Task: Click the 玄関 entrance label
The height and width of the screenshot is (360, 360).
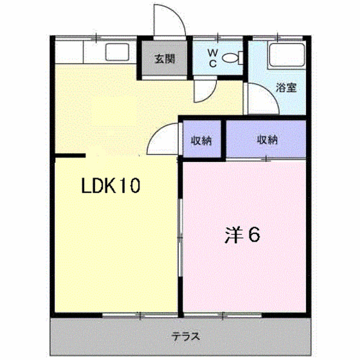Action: point(165,59)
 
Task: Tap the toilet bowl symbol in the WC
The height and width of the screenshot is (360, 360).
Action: point(232,57)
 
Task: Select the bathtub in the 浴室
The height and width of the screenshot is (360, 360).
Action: point(286,55)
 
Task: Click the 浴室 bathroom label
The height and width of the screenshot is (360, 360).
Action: point(286,88)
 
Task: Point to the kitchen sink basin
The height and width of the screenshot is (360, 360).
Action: point(117,52)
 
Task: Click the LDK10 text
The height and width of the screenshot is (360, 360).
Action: point(111,186)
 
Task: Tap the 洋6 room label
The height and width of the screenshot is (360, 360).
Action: point(242,235)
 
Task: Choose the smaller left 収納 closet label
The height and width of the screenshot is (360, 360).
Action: point(201,141)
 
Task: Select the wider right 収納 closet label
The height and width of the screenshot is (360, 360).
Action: point(267,140)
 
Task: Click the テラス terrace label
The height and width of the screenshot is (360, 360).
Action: point(186,336)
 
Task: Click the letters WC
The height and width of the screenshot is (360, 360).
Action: point(213,58)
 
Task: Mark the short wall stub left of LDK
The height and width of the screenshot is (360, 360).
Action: point(70,156)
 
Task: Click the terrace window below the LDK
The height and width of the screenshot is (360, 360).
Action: point(140,316)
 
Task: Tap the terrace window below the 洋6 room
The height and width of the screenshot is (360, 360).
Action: point(223,316)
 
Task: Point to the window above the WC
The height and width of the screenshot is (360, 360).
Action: point(218,38)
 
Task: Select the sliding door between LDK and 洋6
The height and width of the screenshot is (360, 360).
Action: point(181,237)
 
